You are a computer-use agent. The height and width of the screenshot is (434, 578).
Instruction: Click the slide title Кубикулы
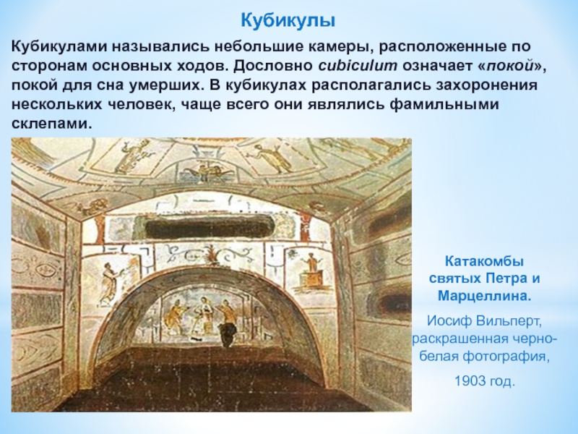point(288,21)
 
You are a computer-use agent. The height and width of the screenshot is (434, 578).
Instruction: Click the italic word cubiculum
point(358,66)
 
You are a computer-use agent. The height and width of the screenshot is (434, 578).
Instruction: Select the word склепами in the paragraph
point(51,123)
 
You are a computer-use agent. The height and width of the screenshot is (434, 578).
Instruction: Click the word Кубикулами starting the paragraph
point(59,47)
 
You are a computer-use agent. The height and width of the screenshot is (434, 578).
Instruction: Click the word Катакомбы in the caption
point(484,262)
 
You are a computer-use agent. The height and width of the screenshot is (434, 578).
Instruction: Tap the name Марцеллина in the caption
point(484,297)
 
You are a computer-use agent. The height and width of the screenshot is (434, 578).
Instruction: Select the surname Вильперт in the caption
point(509,321)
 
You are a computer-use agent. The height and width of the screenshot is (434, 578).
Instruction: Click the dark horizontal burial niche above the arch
point(210,227)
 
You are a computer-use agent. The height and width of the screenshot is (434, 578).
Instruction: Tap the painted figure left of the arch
point(110,284)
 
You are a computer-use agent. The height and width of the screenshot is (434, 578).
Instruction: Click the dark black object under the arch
point(227,334)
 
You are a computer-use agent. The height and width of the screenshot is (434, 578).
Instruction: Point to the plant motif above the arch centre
point(213,255)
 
